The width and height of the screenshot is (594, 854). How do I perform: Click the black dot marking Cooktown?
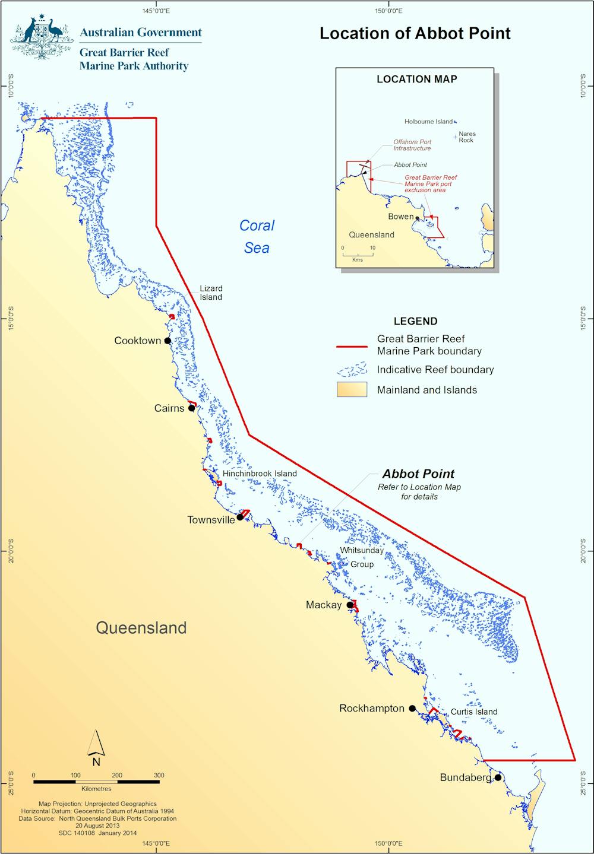coord(168,341)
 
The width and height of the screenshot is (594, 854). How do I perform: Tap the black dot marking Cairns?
coord(191,408)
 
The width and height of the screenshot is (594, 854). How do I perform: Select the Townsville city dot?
coord(240,517)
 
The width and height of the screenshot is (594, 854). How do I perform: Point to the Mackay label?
coord(324,605)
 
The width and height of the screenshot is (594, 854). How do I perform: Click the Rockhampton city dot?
coord(412,708)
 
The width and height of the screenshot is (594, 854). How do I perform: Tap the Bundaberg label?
coord(465,777)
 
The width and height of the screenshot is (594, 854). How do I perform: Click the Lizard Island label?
coord(211,293)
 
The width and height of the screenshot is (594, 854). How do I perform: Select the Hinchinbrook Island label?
coord(260,474)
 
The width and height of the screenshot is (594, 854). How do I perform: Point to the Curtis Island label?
coord(473,712)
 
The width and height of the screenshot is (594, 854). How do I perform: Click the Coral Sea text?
coord(257,236)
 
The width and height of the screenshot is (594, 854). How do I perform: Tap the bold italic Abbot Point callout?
coord(418,474)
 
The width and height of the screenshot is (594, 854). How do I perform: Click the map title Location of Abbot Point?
coord(415,33)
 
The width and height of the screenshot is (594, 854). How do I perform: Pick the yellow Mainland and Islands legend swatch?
coord(352,390)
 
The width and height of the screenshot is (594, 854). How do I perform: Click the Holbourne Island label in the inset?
coord(428,122)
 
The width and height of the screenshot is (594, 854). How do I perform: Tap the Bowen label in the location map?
coord(400,217)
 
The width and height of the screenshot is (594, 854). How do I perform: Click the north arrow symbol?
coord(96,743)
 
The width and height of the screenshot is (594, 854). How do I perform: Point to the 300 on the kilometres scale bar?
coord(159,775)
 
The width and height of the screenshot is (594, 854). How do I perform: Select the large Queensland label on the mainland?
coord(141,628)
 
